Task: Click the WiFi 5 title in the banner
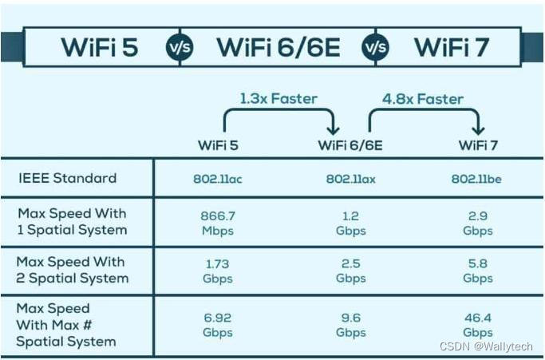tap(100, 47)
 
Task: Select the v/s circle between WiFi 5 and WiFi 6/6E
tap(179, 48)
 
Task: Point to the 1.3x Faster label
tap(278, 99)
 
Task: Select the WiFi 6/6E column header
tap(351, 145)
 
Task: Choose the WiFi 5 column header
tap(218, 145)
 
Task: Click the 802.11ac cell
tap(217, 179)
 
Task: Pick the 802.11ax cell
tap(350, 179)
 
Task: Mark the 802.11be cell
tap(476, 179)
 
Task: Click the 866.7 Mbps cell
tap(217, 223)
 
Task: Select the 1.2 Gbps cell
tap(350, 223)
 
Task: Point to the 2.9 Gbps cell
tap(476, 223)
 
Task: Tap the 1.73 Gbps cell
tap(217, 271)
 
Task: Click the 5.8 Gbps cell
tap(476, 271)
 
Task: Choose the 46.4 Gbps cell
tap(476, 324)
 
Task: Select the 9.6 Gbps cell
tap(350, 324)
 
